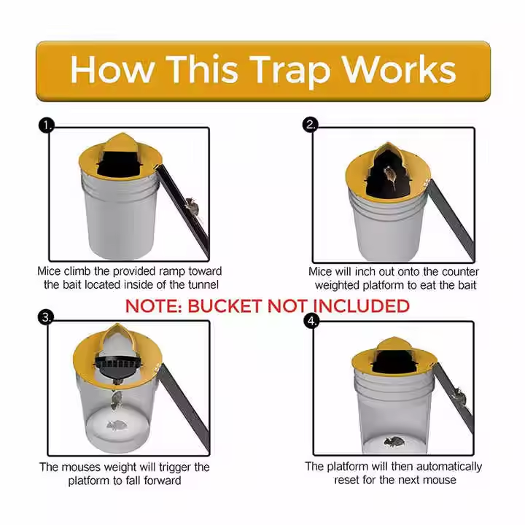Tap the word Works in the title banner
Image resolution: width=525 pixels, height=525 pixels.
(399, 69)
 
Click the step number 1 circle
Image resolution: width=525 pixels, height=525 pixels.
(46, 125)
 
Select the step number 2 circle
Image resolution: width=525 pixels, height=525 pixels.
(310, 125)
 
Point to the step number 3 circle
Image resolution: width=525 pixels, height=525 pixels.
(46, 316)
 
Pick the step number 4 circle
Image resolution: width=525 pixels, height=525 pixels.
(311, 322)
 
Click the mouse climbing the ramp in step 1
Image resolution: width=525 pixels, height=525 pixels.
(192, 206)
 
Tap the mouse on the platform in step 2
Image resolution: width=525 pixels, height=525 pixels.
(389, 176)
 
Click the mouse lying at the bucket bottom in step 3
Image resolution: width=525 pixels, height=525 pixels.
(117, 426)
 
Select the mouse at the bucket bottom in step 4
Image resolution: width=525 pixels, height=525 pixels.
(394, 443)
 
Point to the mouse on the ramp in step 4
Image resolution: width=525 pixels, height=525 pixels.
(459, 396)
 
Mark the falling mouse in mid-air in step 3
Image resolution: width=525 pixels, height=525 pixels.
(116, 401)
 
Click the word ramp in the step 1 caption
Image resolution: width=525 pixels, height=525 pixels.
(172, 271)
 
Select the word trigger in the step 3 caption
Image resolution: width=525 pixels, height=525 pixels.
(174, 467)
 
